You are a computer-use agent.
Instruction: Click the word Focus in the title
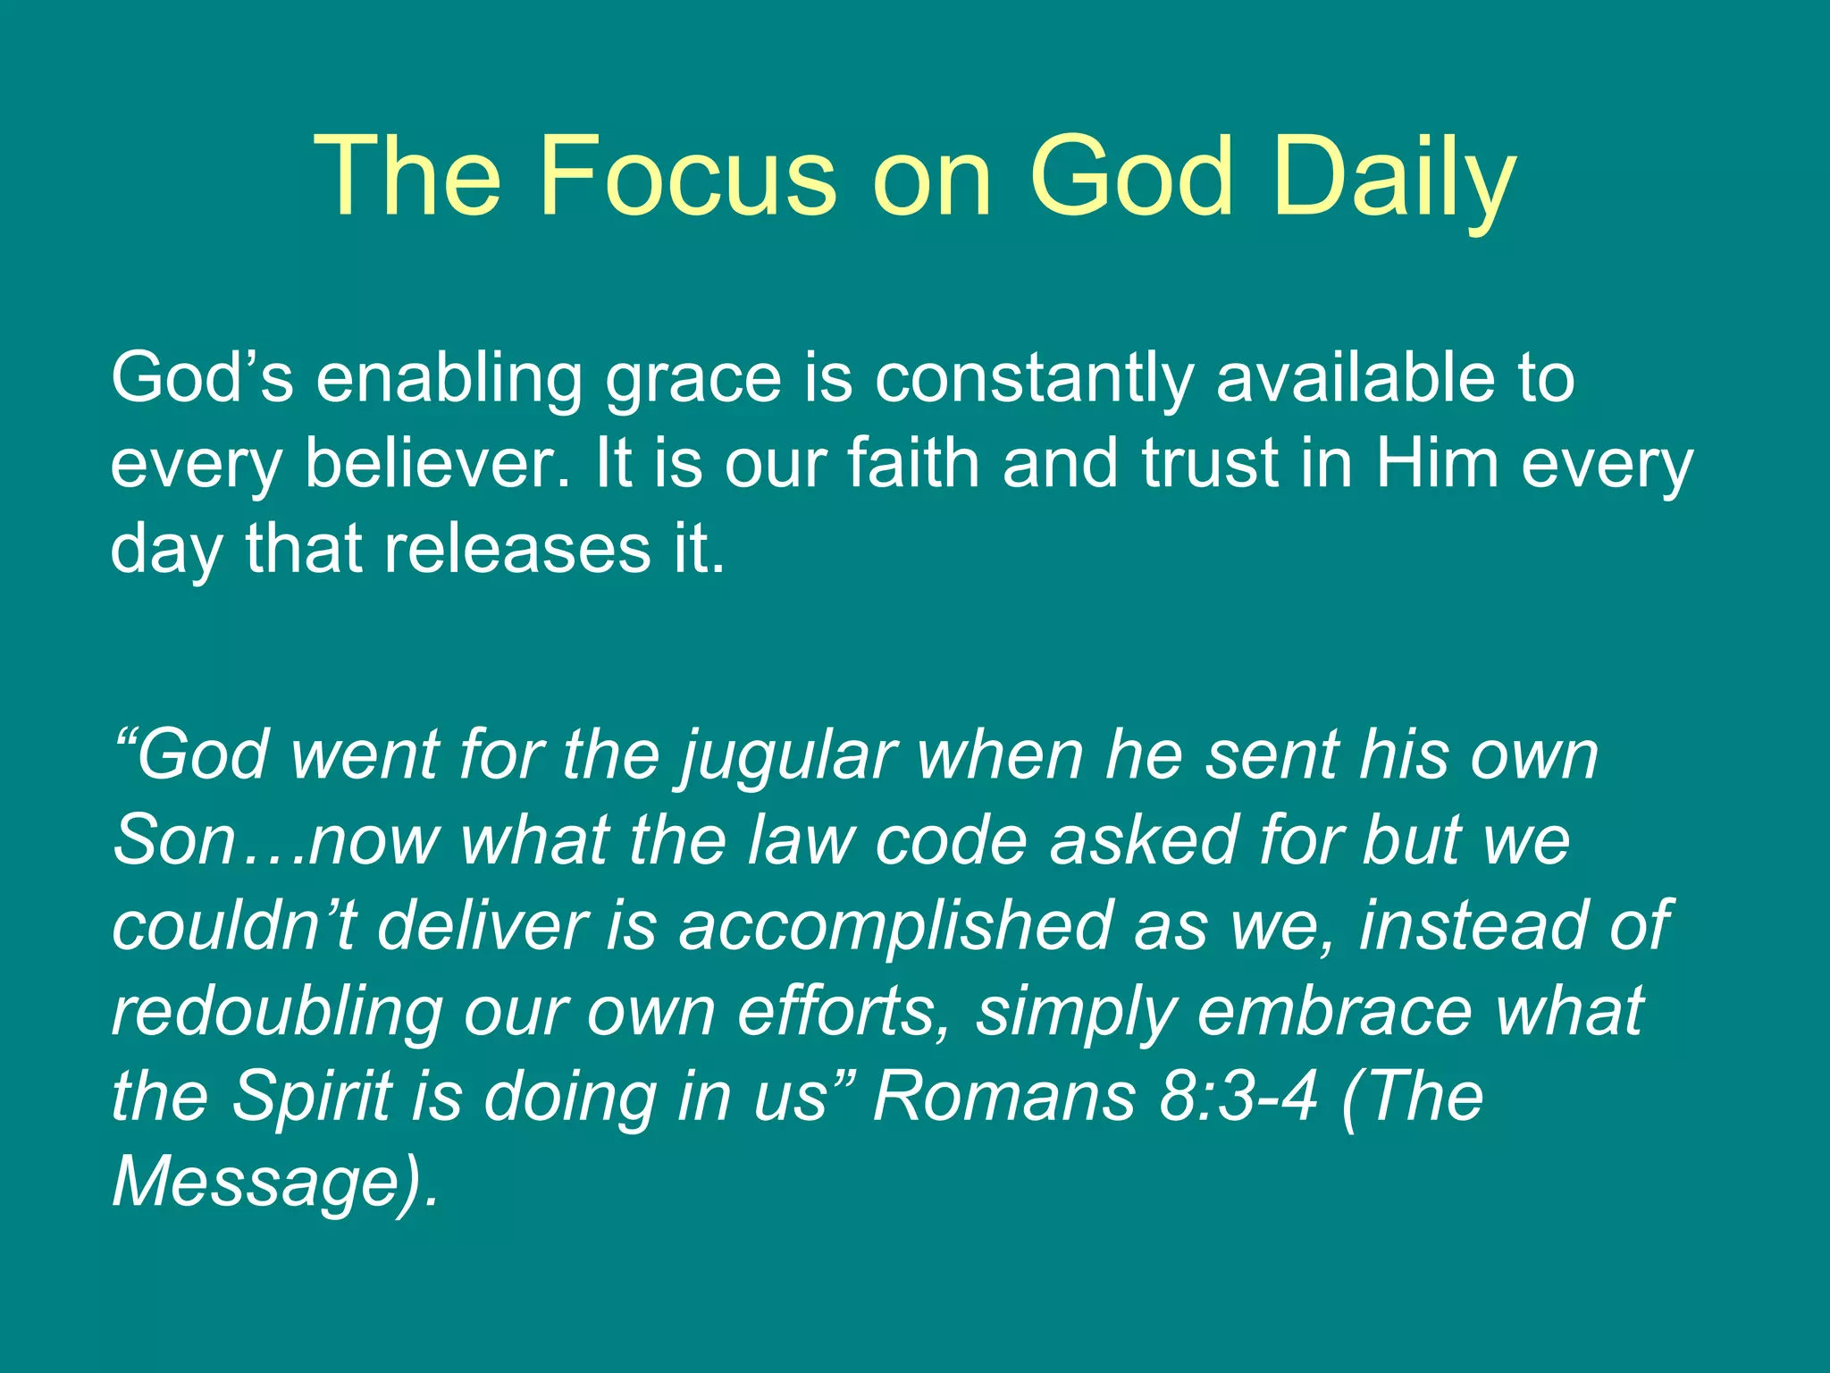[688, 176]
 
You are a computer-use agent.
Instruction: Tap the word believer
[438, 464]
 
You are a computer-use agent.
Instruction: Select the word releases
[517, 548]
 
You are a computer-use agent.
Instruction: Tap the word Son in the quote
[173, 840]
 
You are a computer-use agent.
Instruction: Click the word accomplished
[894, 926]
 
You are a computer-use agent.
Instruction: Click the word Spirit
[312, 1096]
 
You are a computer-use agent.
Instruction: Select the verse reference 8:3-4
[1238, 1096]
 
